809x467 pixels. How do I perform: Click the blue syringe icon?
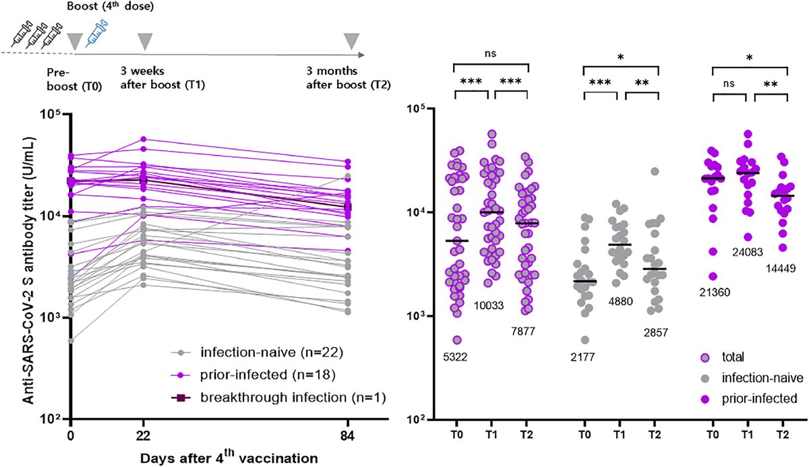(98, 32)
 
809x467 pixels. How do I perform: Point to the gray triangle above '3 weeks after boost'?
(145, 42)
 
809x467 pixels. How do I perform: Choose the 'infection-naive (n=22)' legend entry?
(248, 352)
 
